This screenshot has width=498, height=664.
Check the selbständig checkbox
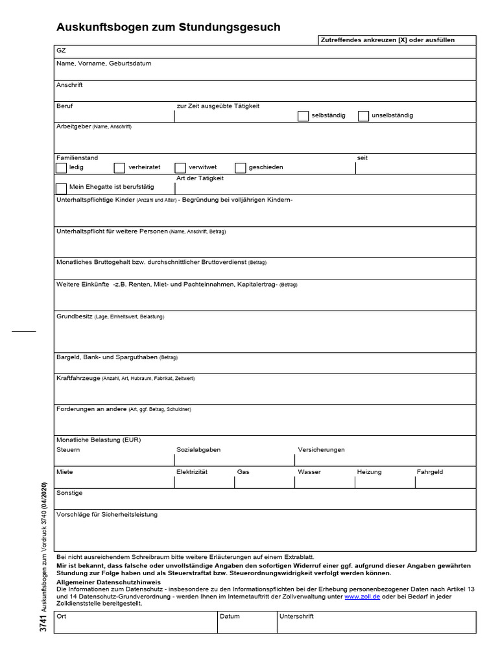tap(303, 116)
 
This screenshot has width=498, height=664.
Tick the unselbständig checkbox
tap(363, 116)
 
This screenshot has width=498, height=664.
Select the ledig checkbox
tap(61, 168)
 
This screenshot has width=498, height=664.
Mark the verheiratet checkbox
tap(119, 168)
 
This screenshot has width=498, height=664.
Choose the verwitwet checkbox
tap(180, 168)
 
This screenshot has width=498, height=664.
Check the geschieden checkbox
tap(241, 168)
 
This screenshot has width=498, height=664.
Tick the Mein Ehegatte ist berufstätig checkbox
tap(61, 187)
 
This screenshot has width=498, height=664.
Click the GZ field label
tap(61, 50)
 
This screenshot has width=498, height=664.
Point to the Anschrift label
tap(69, 85)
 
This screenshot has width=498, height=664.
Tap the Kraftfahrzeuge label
tap(78, 377)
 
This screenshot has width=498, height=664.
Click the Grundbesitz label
tap(75, 316)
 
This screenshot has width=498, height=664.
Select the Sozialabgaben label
tap(198, 449)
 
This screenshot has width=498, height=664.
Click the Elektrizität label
tap(191, 472)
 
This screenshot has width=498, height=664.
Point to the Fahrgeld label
tap(430, 472)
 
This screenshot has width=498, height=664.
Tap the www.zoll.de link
tap(362, 596)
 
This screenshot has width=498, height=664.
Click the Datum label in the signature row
tap(230, 616)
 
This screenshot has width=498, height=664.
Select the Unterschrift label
tap(296, 616)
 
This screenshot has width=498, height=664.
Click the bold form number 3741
tap(43, 623)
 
